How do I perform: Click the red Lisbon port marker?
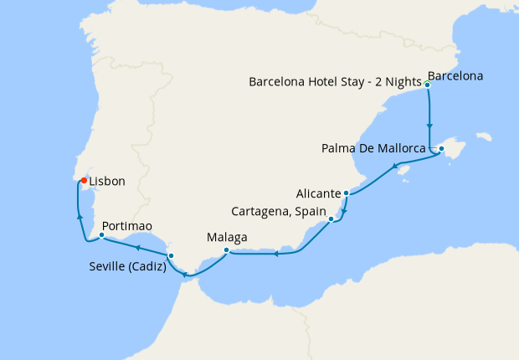[x=84, y=179]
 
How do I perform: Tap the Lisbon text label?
[x=107, y=181]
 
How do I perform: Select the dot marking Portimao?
[x=101, y=235]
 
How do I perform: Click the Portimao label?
[x=126, y=226]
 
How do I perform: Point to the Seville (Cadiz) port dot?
[x=171, y=256]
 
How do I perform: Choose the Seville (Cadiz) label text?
[x=126, y=268]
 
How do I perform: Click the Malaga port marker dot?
[x=226, y=249]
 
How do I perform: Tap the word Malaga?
[x=226, y=237]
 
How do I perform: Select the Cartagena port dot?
[x=332, y=219]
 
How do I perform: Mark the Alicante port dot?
[x=346, y=193]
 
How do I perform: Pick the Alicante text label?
[x=318, y=193]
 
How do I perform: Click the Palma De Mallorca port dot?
[x=441, y=149]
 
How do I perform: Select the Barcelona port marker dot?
[x=427, y=85]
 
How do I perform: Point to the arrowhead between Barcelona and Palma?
[x=429, y=122]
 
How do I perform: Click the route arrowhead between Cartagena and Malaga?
[x=275, y=254]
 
